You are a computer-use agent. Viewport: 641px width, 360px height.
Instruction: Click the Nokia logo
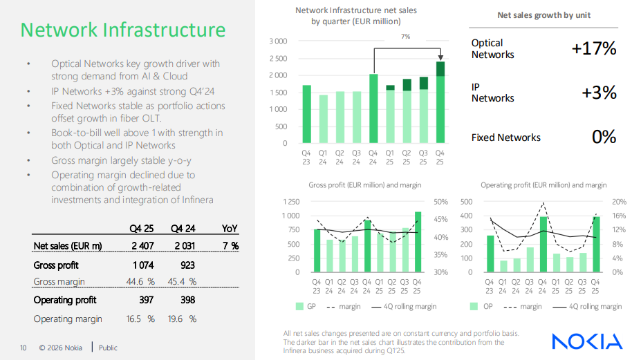click(x=586, y=341)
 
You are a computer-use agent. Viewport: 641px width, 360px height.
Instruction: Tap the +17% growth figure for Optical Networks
click(x=594, y=48)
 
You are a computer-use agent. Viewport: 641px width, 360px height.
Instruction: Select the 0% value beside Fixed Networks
click(x=604, y=137)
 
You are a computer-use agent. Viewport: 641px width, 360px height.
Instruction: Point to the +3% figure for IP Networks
click(x=599, y=93)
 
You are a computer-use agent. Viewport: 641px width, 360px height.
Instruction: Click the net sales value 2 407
click(x=142, y=246)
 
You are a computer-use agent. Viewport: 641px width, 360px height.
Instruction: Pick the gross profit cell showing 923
click(x=187, y=265)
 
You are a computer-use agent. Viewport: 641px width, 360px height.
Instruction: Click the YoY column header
click(x=230, y=228)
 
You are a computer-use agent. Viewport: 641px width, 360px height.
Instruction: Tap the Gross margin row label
click(x=59, y=282)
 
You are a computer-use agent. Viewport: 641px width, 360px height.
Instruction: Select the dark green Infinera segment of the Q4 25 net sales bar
click(x=440, y=68)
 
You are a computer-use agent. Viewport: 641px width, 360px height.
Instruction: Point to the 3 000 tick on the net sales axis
click(x=277, y=41)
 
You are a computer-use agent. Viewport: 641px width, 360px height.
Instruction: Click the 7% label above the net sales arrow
click(x=405, y=37)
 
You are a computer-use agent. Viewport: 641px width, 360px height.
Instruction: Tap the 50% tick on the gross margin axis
click(x=440, y=202)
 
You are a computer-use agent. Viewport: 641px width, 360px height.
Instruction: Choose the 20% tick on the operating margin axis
click(x=619, y=202)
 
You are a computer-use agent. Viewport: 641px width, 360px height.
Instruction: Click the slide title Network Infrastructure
click(x=123, y=30)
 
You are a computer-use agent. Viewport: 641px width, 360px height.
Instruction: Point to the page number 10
click(x=23, y=348)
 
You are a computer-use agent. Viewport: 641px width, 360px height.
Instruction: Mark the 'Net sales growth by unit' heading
click(x=544, y=15)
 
